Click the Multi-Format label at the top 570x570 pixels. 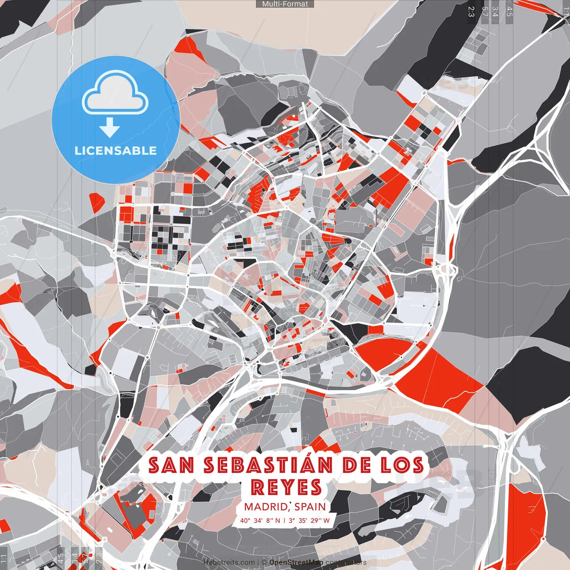[x=285, y=4]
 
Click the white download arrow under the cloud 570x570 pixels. [x=110, y=127]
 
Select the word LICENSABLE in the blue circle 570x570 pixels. [x=116, y=151]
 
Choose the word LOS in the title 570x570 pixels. [x=401, y=465]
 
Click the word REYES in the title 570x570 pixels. [x=286, y=487]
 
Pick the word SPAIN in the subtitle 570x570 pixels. [x=310, y=507]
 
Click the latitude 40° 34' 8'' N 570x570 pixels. [x=261, y=521]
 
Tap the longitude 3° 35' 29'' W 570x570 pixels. [x=309, y=521]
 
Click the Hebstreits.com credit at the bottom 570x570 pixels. [x=229, y=562]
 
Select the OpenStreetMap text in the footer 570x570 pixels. [x=296, y=562]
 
